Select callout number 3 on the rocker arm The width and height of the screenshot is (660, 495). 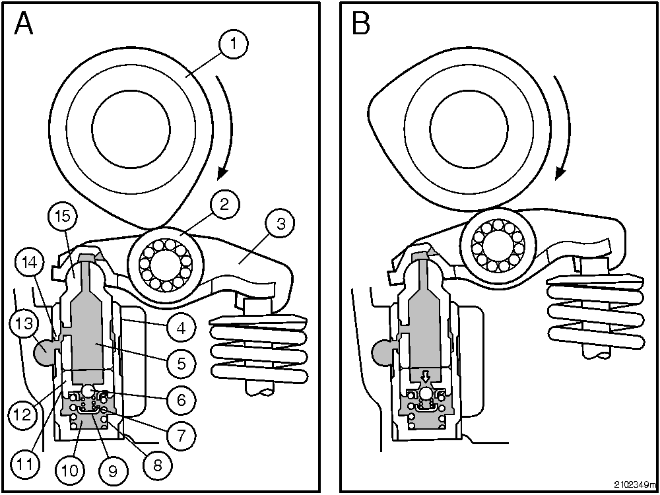(x=280, y=223)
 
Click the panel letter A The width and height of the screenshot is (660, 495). (x=24, y=24)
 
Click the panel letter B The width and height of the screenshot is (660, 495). (x=362, y=24)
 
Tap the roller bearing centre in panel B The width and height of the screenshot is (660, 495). (x=498, y=246)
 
